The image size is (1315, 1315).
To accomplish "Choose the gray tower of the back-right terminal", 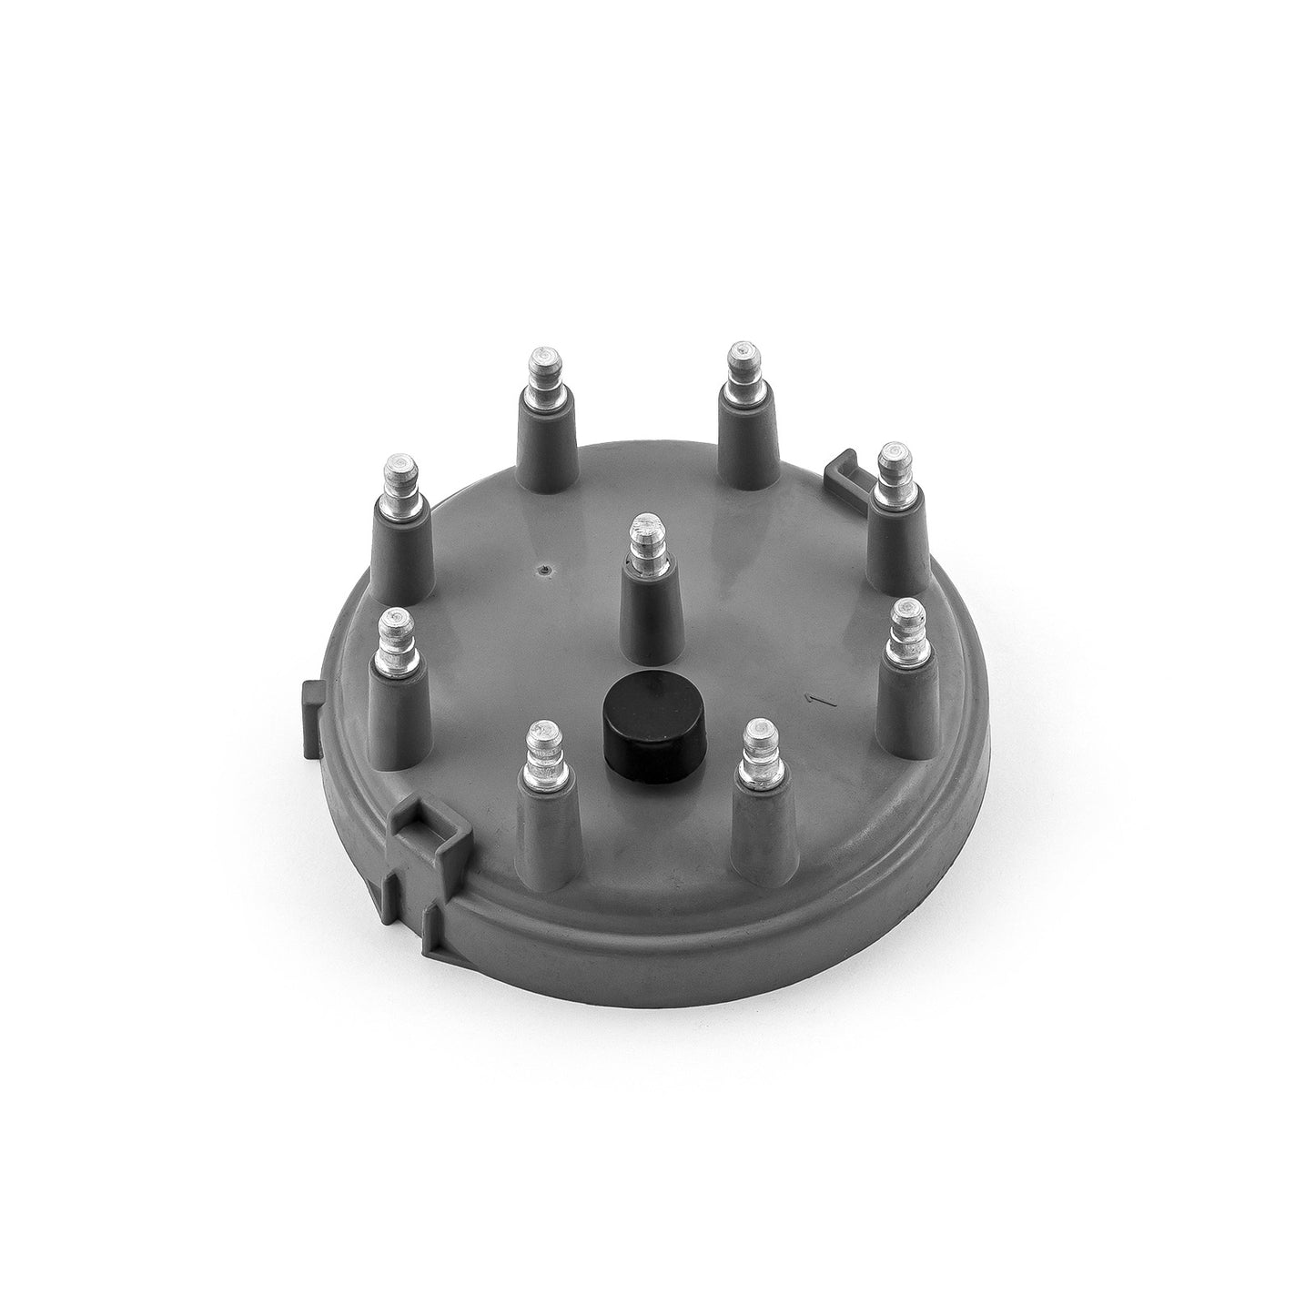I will pyautogui.click(x=742, y=437).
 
